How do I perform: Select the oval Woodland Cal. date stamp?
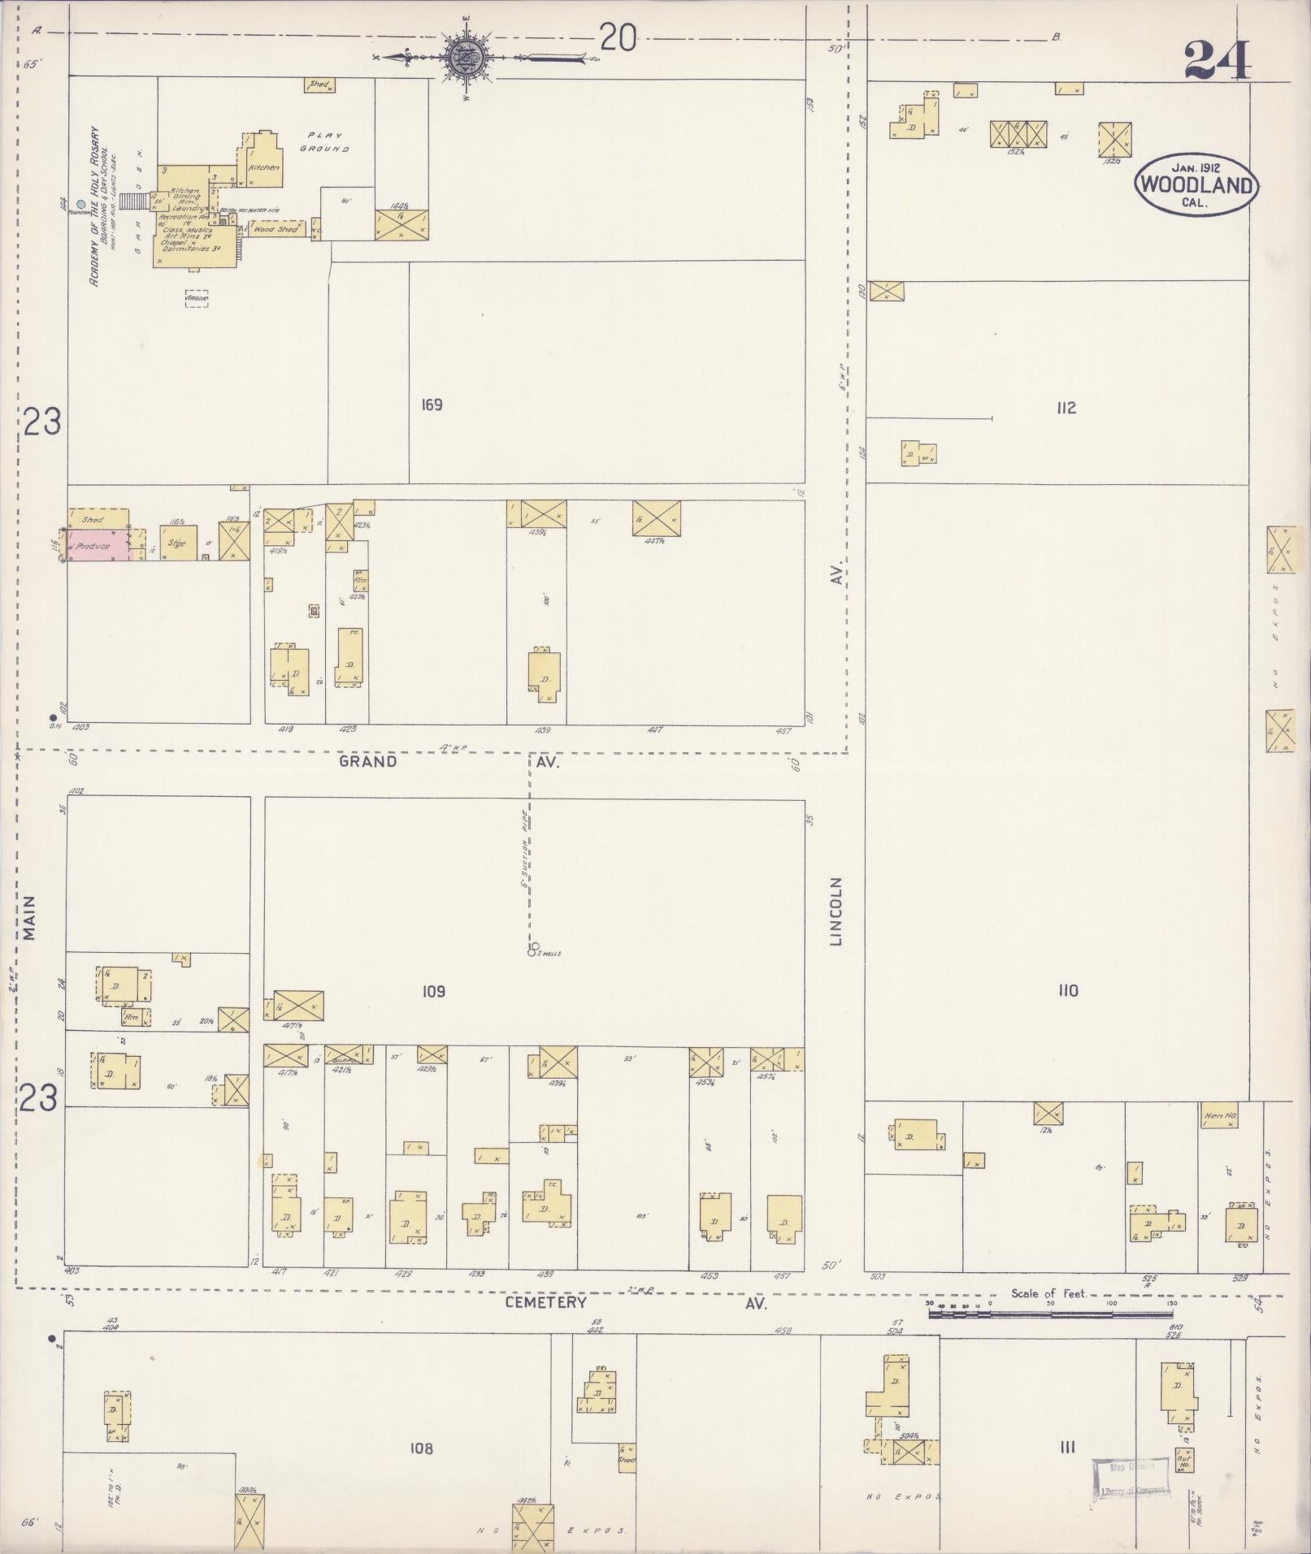pos(1196,184)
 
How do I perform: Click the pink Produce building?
pos(96,546)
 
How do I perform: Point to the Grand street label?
pos(368,761)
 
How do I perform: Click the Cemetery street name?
pos(545,1302)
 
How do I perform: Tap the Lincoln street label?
pos(836,911)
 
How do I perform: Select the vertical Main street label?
pos(30,918)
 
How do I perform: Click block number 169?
pos(432,405)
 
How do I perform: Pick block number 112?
pos(1066,408)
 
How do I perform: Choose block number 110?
pos(1067,990)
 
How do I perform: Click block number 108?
pos(421,1448)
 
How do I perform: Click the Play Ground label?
pos(325,142)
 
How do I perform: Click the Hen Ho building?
pos(1219,1116)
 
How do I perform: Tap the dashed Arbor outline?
pos(197,299)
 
